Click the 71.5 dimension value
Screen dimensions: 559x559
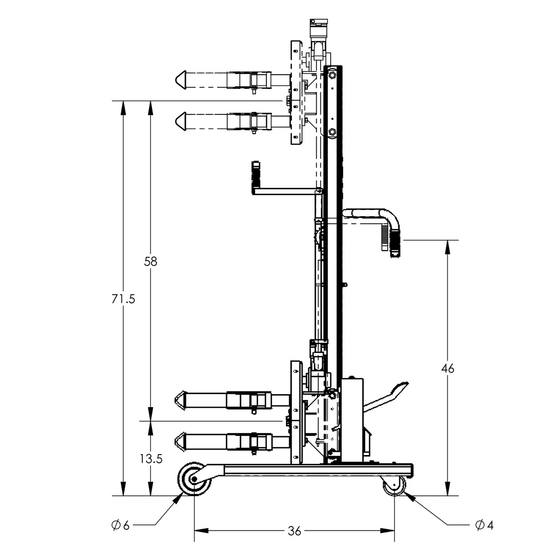123,299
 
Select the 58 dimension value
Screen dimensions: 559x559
150,262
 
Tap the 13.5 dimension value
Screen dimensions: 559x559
151,459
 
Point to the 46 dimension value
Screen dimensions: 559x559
448,369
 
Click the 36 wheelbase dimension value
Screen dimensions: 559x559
294,531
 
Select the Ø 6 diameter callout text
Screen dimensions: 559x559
120,525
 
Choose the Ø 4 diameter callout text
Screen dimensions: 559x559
484,525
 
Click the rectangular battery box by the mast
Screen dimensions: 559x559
352,420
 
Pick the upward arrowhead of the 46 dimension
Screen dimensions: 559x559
448,246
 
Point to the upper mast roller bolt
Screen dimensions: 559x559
332,75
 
